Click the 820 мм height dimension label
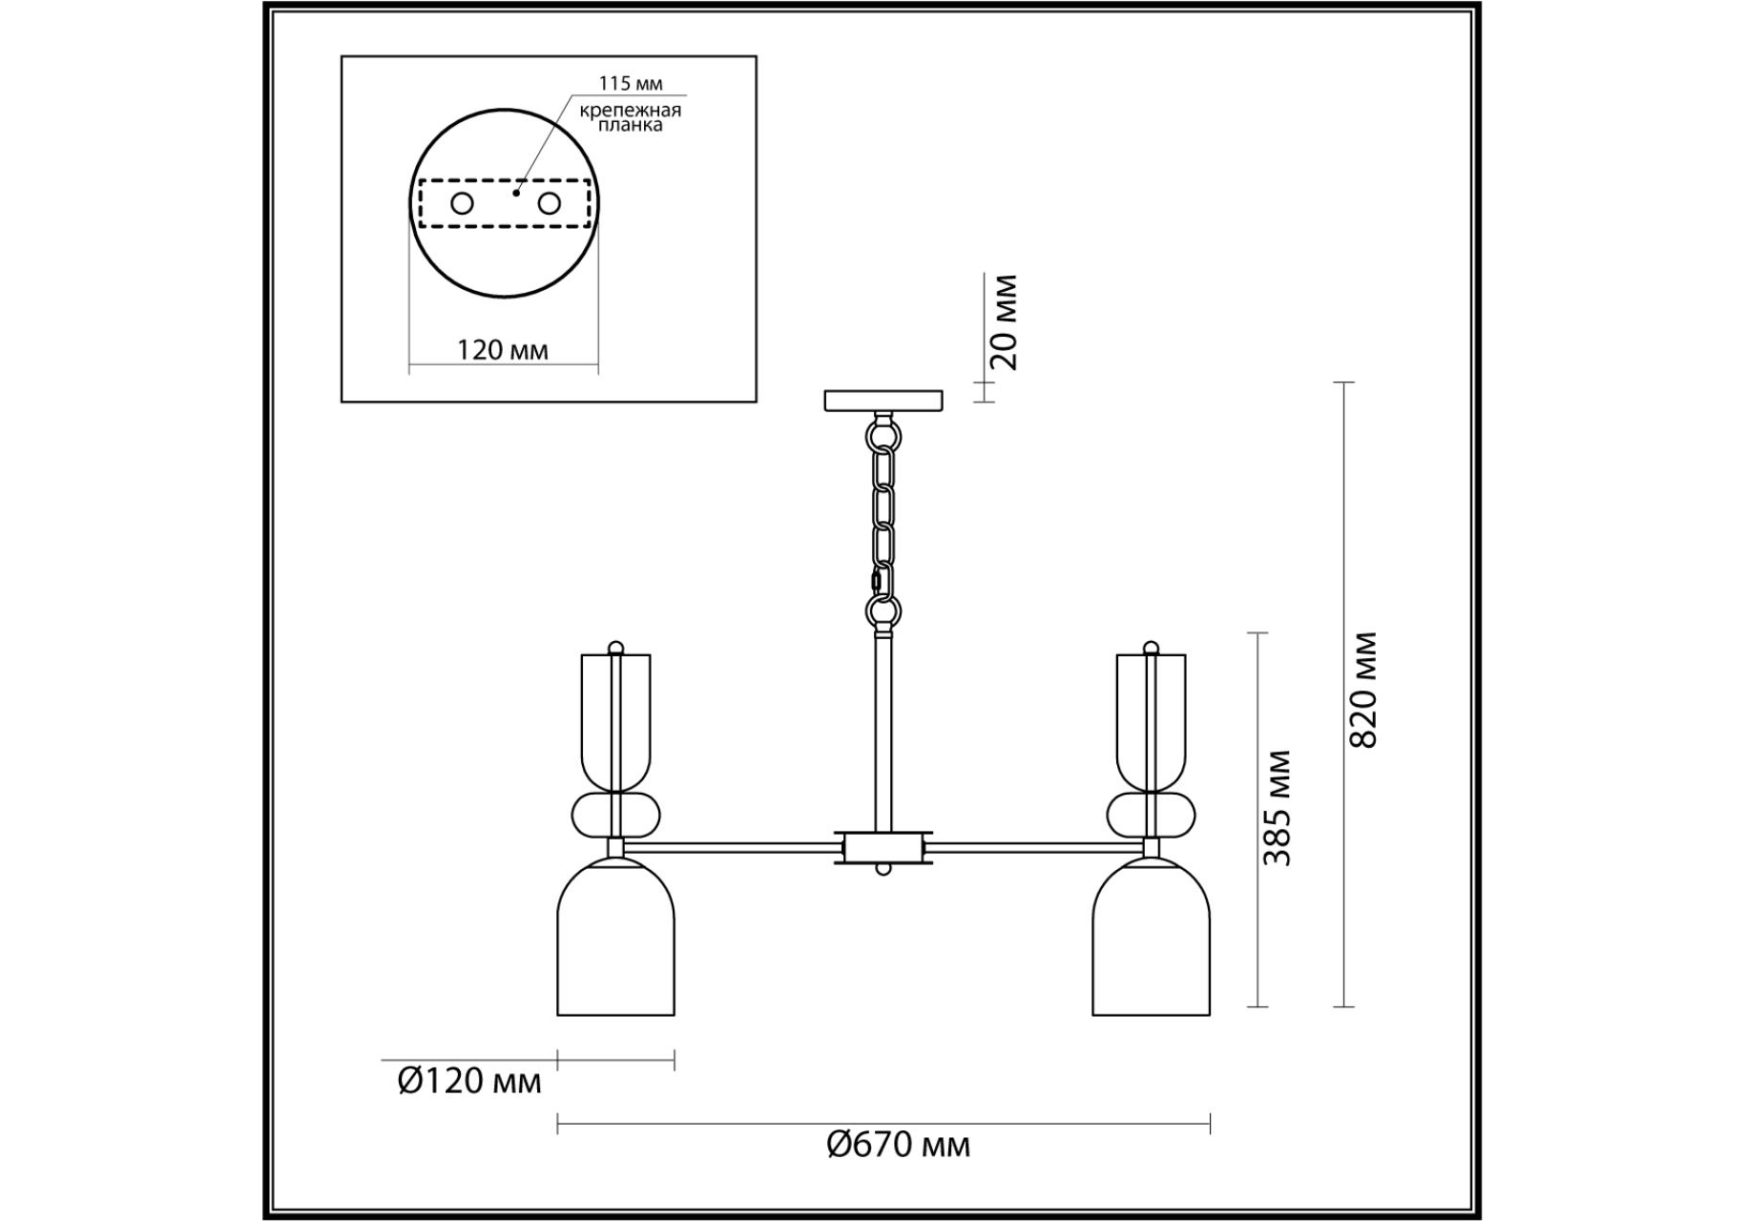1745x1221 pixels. click(x=1365, y=690)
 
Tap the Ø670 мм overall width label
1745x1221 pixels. click(x=898, y=1144)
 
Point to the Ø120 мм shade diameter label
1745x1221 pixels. click(x=469, y=1081)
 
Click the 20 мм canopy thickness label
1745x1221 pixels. click(x=1004, y=322)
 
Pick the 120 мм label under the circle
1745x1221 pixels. click(x=503, y=350)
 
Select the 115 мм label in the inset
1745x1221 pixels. click(x=631, y=84)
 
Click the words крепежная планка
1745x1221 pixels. click(x=631, y=117)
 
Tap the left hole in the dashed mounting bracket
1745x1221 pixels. click(x=462, y=203)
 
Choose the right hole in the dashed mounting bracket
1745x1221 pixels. click(x=549, y=203)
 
